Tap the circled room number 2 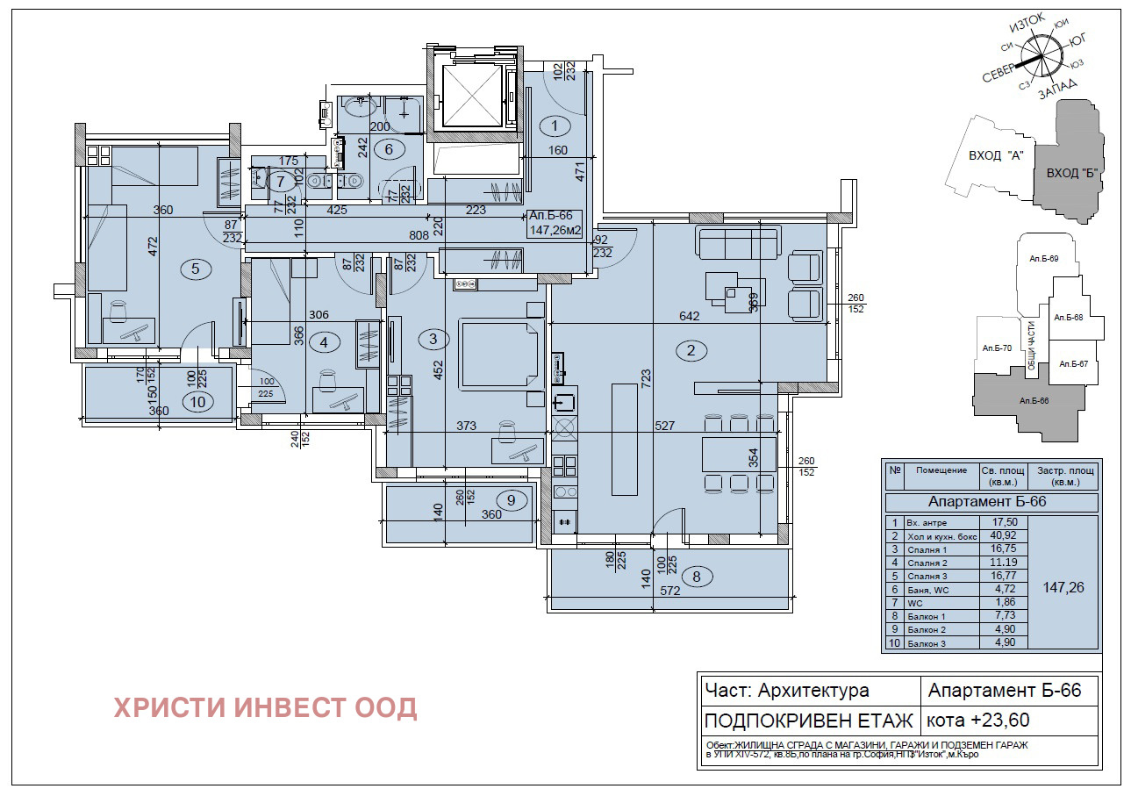click(691, 350)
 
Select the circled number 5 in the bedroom click(195, 269)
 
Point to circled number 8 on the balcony click(697, 577)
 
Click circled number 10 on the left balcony click(197, 401)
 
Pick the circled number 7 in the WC click(281, 183)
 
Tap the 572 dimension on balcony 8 click(669, 592)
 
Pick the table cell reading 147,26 click(1063, 587)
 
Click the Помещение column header click(941, 470)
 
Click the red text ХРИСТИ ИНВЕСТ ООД click(265, 707)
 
